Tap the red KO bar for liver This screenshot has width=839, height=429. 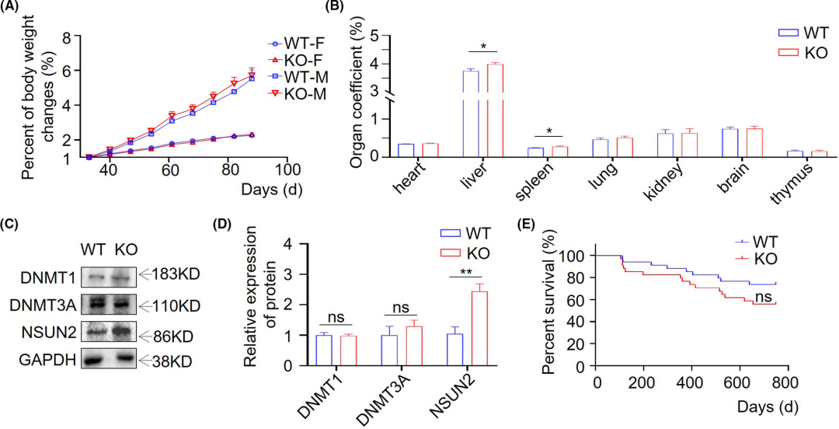[x=494, y=110]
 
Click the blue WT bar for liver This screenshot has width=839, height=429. [x=471, y=113]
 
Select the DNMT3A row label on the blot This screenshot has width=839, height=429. [x=37, y=303]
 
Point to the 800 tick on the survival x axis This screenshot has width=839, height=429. [x=783, y=382]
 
